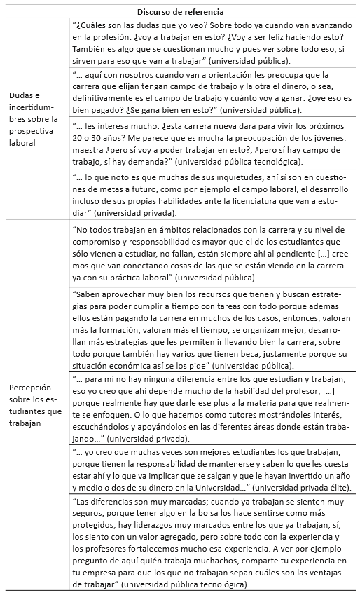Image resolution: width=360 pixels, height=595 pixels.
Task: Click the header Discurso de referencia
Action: tap(181, 11)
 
